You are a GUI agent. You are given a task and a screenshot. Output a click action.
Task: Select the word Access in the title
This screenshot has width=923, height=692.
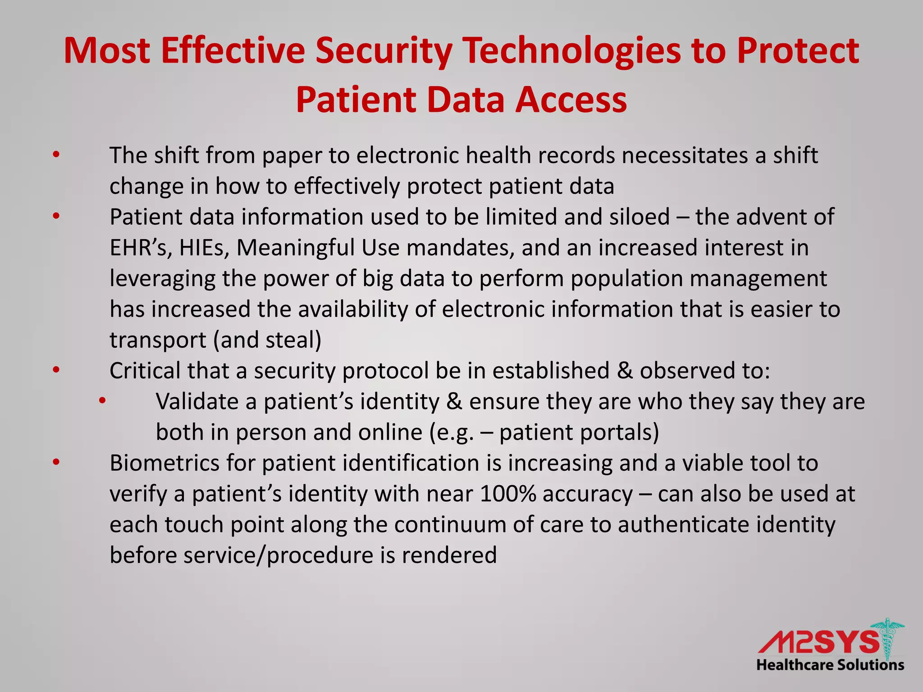[571, 100]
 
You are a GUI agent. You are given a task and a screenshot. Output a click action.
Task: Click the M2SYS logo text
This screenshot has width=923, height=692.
[818, 642]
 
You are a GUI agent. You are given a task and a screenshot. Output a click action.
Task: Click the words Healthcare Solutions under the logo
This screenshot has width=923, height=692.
[830, 665]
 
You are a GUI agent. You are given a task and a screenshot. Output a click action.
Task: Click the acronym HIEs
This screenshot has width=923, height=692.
[205, 248]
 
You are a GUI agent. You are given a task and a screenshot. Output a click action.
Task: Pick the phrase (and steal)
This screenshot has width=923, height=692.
[267, 340]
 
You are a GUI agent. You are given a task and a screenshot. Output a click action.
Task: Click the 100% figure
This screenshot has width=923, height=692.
[508, 494]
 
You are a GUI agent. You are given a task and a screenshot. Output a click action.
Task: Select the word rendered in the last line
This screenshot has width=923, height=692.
[449, 555]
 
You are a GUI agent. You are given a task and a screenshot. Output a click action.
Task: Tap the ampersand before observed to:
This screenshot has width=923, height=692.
[625, 371]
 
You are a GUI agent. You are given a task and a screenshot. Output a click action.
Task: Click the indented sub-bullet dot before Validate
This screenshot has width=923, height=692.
[102, 400]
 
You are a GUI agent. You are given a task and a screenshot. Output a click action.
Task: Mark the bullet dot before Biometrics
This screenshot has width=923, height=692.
[56, 462]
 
